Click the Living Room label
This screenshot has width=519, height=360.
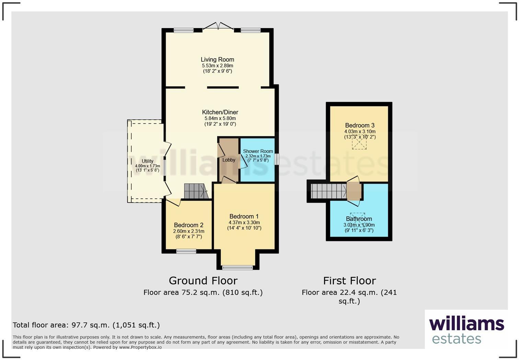point(217,60)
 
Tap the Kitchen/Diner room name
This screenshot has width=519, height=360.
point(220,112)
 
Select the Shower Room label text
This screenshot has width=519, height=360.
point(258,151)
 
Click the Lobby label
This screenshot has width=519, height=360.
point(229,160)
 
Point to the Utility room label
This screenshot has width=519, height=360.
point(148,161)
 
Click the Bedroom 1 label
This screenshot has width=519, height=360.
point(244,216)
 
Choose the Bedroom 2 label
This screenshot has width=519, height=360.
point(188,225)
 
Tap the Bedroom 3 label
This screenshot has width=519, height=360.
point(360,125)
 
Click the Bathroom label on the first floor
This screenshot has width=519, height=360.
point(359,219)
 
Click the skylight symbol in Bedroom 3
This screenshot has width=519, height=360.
point(359,143)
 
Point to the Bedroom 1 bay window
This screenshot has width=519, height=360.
point(238,267)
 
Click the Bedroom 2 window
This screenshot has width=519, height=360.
point(186,251)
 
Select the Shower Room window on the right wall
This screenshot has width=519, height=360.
point(276,159)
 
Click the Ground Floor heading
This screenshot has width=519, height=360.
point(203,281)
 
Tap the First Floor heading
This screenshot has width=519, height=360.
point(349,281)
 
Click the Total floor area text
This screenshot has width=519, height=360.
point(86,325)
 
